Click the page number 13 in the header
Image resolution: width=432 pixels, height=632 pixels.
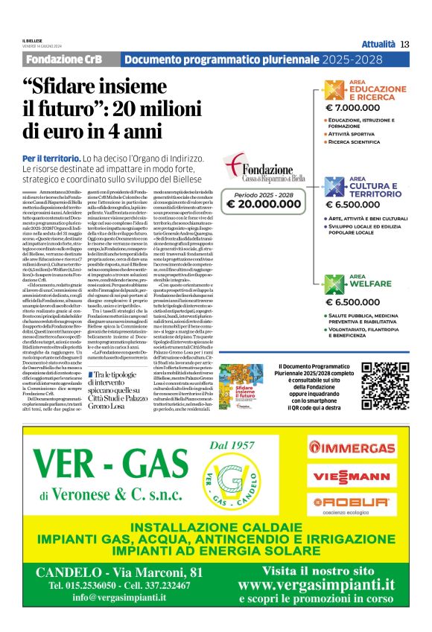click(405, 44)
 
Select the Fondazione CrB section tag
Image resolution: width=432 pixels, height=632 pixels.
click(69, 60)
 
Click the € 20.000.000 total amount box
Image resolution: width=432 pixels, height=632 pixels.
click(261, 202)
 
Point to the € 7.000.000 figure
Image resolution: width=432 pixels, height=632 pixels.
click(354, 107)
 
